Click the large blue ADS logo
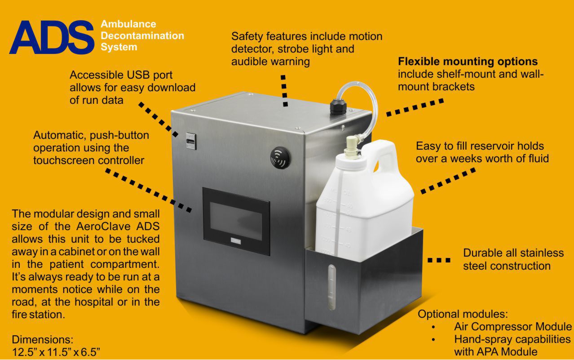pos(52,37)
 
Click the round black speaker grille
pos(281,158)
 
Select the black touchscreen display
pos(236,221)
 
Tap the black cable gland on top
pos(337,106)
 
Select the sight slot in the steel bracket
pos(331,287)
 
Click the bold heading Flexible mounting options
pos(468,61)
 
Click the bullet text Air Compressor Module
pos(512,327)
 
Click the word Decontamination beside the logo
pos(142,36)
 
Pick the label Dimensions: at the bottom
pos(42,338)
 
